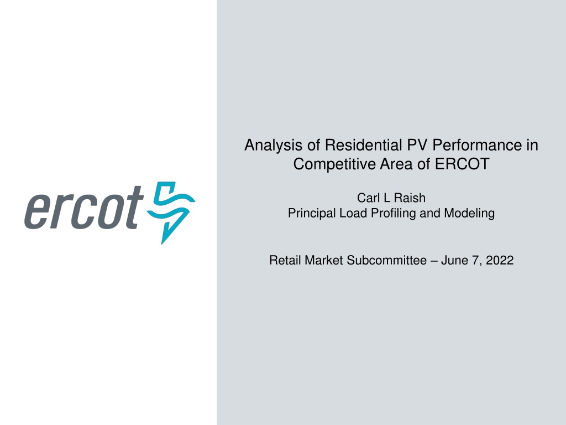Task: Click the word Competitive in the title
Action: click(334, 164)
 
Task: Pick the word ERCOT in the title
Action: click(462, 164)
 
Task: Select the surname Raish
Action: click(410, 198)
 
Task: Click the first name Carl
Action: click(368, 198)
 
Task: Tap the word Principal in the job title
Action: click(312, 213)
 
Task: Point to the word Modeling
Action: click(469, 214)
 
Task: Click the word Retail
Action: click(285, 260)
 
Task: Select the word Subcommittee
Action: click(386, 260)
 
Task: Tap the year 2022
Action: click(500, 261)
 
